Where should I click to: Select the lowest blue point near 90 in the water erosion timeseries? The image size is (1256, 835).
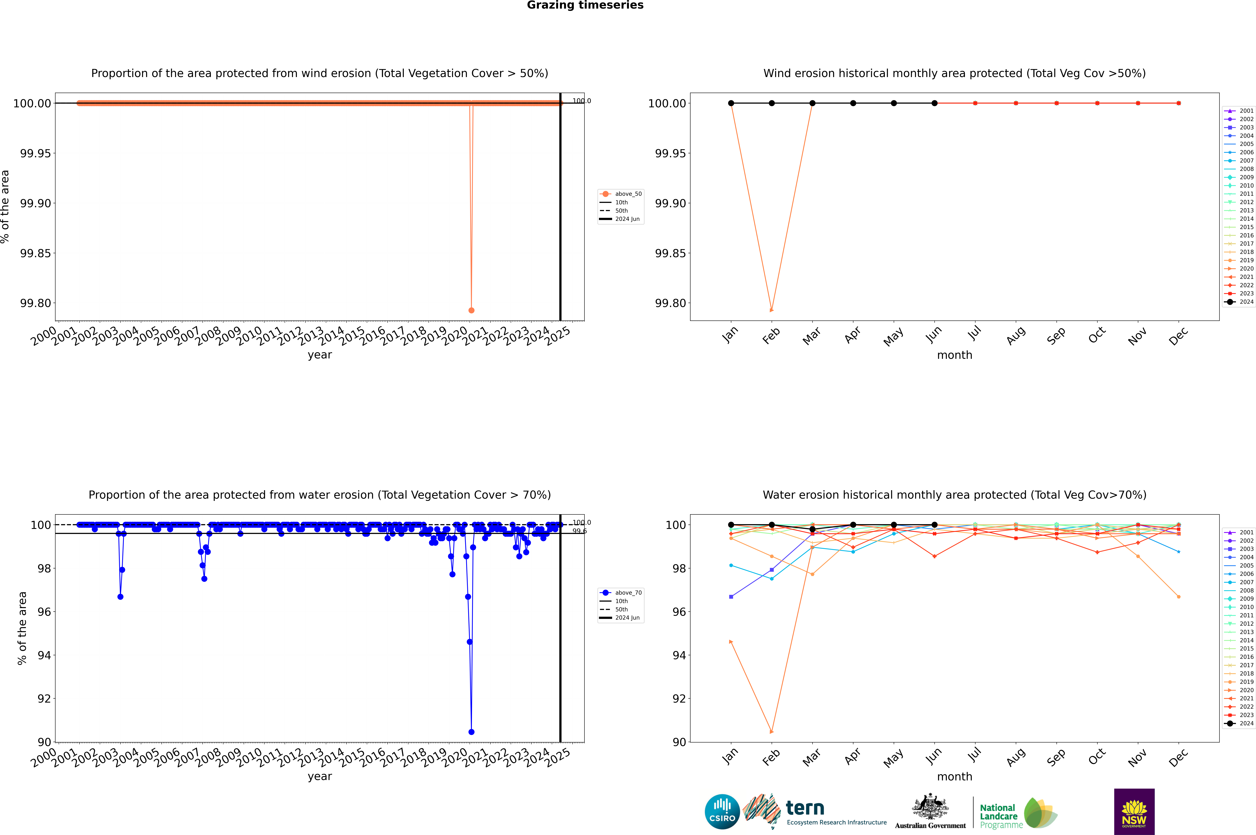click(x=471, y=732)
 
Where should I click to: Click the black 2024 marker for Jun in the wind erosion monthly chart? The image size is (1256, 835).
click(x=934, y=103)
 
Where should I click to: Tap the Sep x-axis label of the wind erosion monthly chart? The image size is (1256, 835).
click(x=1056, y=335)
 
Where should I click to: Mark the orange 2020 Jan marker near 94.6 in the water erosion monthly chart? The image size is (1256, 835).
click(x=731, y=642)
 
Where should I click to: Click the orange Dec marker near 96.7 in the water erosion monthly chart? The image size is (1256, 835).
click(x=1178, y=597)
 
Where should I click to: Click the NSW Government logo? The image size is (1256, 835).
click(x=1134, y=812)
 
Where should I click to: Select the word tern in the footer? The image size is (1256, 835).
click(x=805, y=808)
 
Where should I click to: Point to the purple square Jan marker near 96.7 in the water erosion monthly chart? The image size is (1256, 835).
click(x=731, y=597)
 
